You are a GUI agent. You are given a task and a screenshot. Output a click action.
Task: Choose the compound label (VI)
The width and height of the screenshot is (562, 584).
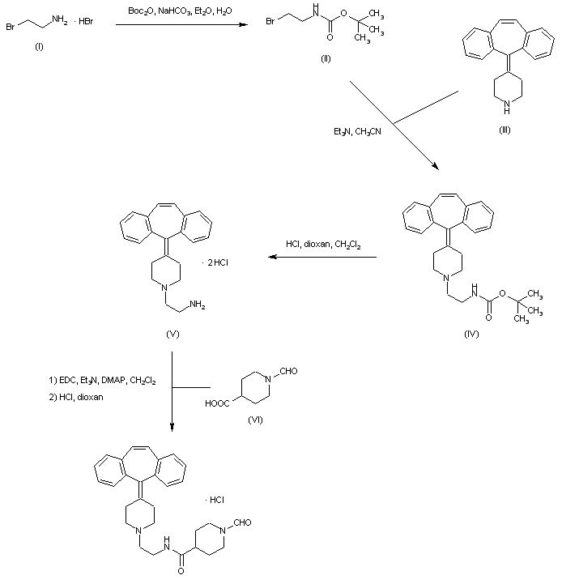pyautogui.click(x=257, y=420)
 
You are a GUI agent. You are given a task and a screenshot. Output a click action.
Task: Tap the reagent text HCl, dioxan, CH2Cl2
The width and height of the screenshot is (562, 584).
pyautogui.click(x=324, y=243)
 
